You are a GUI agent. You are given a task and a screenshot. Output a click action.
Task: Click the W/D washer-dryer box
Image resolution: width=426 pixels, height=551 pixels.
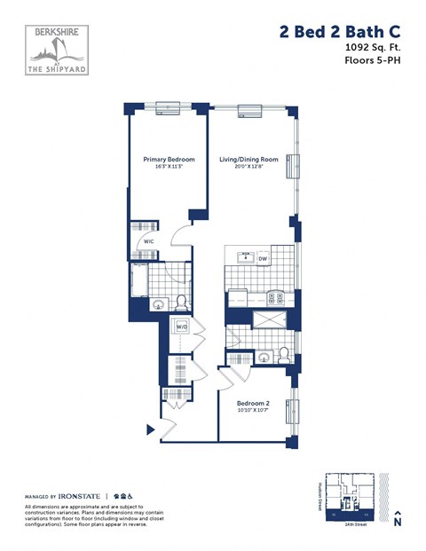click(181, 327)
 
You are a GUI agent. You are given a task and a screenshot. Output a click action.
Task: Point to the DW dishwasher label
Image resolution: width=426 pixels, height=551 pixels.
click(263, 258)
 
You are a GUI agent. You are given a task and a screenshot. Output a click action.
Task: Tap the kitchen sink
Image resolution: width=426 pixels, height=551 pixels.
click(245, 258)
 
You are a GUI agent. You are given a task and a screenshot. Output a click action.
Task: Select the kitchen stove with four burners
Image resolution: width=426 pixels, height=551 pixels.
click(276, 299)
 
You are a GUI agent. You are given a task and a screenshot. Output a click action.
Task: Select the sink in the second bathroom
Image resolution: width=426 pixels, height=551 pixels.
click(264, 358)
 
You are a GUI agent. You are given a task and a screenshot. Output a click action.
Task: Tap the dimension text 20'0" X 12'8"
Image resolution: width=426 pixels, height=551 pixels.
click(249, 168)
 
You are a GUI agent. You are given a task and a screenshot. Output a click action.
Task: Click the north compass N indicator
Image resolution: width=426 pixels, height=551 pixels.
click(398, 520)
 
